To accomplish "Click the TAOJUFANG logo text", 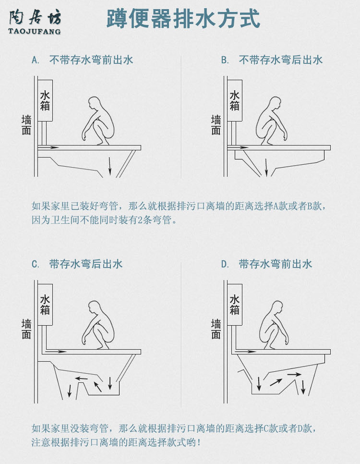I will point(35,32).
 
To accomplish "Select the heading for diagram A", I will point(83,60).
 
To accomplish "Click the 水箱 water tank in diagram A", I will point(45,100).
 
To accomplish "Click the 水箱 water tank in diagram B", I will point(235,100).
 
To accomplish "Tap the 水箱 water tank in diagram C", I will point(45,305).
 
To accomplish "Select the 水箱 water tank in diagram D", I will point(235,305).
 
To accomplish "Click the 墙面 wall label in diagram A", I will point(26,124).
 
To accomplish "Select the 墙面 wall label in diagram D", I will point(216,329).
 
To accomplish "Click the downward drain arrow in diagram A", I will point(110,166).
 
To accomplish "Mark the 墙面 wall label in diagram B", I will point(216,124).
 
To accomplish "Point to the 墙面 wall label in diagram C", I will point(26,329).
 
